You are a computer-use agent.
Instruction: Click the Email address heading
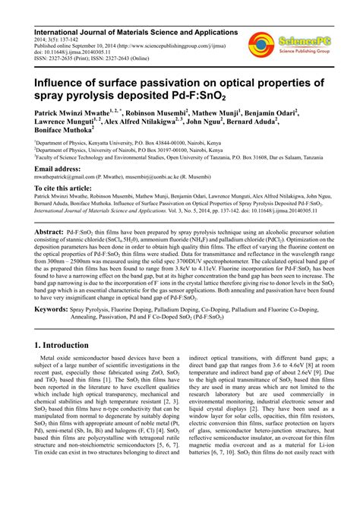pyautogui.click(x=62, y=169)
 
